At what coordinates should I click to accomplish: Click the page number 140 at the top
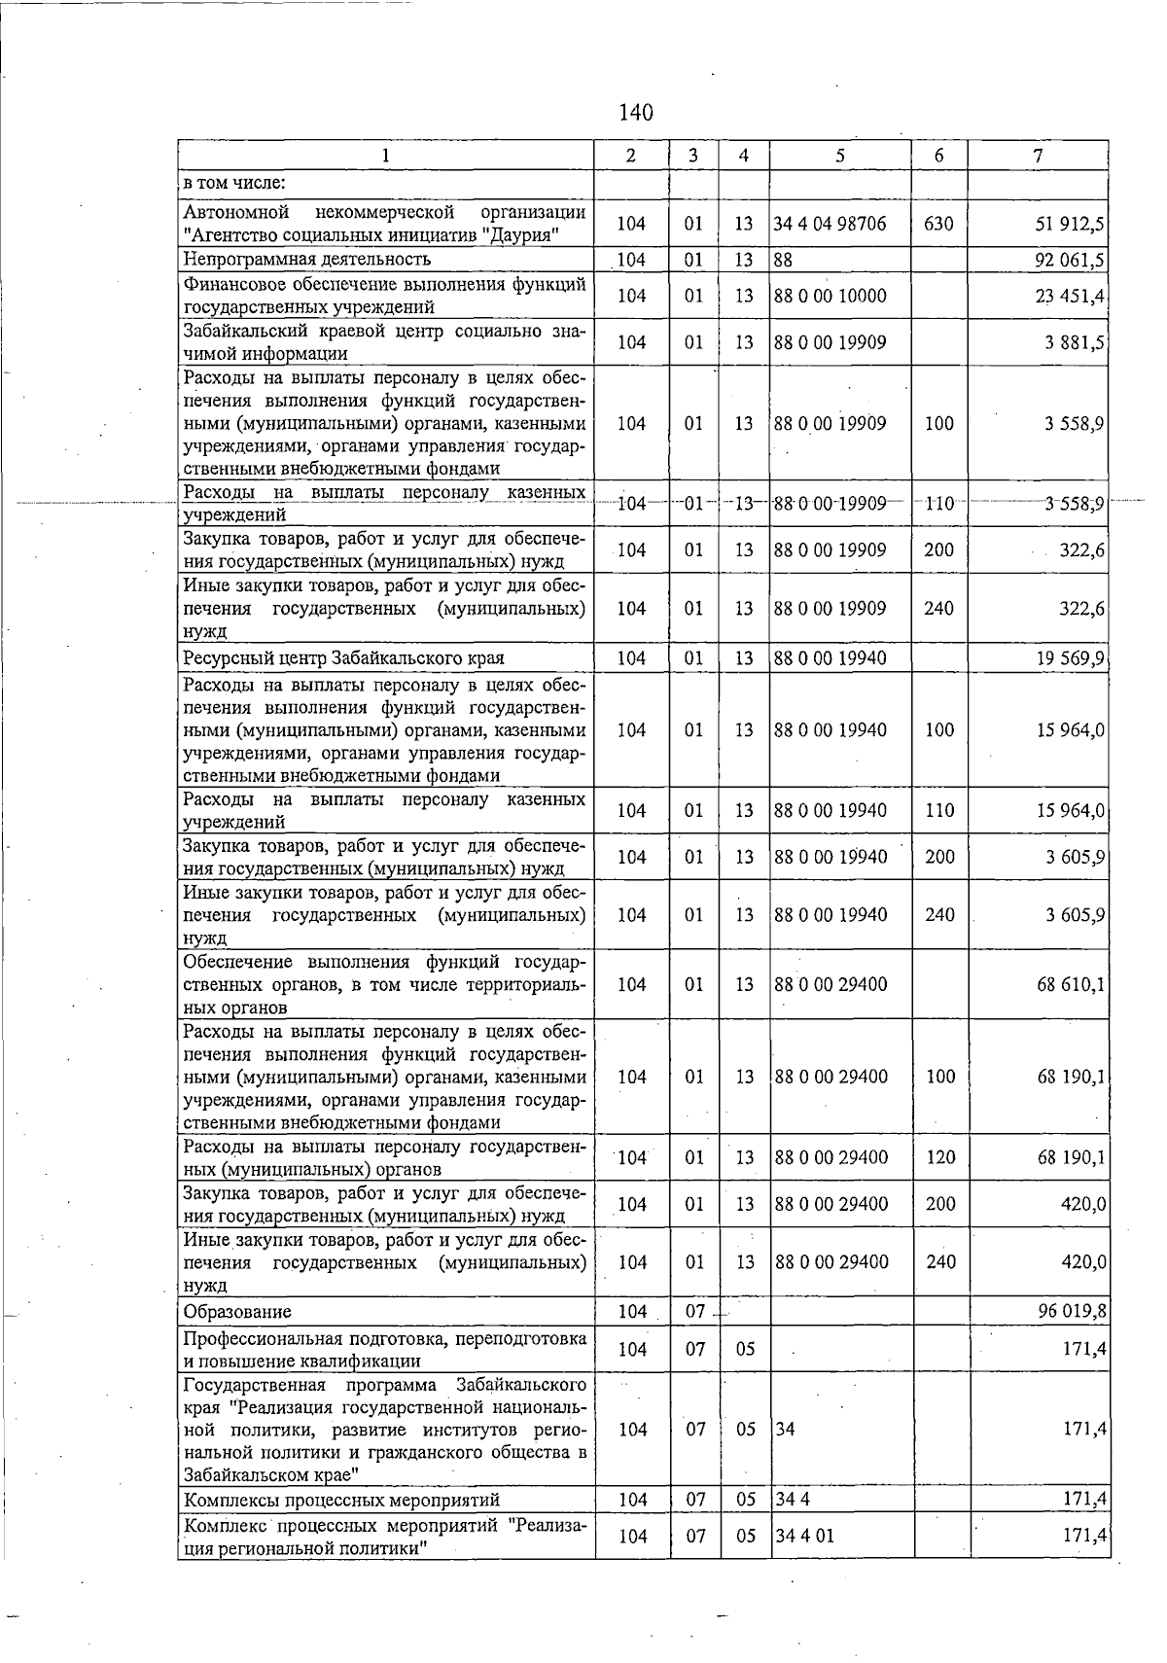point(636,113)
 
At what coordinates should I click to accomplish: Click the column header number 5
point(839,156)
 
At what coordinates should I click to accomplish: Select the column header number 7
point(1039,156)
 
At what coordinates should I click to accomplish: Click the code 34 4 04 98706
point(830,224)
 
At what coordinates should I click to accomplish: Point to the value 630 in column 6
point(938,224)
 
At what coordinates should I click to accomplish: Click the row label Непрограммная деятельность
point(307,259)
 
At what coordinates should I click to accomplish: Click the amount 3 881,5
point(1075,342)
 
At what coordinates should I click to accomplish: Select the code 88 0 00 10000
point(830,296)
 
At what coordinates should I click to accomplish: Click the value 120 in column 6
point(940,1157)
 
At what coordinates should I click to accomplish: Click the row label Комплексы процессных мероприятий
point(342,1501)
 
